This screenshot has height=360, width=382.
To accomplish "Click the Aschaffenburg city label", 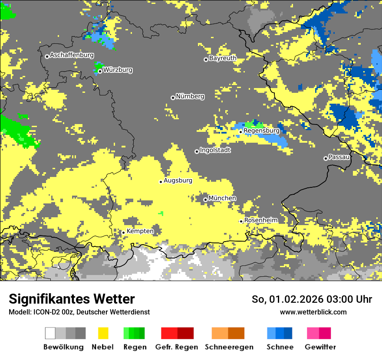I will click(x=72, y=55).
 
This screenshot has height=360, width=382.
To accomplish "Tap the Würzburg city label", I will click(x=118, y=70).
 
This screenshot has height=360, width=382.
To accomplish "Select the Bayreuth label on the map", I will click(x=223, y=58).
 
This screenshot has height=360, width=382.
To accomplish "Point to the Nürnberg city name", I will click(x=190, y=96).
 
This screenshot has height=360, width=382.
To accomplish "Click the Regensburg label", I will click(x=261, y=131).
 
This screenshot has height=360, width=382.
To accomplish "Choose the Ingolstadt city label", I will click(x=215, y=150).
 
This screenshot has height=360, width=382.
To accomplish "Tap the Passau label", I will click(x=339, y=157).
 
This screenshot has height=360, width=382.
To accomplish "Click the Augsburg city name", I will click(x=178, y=180).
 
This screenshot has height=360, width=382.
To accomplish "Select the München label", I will click(x=222, y=198).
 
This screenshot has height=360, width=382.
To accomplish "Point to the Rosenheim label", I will click(x=260, y=220).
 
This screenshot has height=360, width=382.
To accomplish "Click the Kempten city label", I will click(x=140, y=231).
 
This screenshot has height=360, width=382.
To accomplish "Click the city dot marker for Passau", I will click(x=326, y=158).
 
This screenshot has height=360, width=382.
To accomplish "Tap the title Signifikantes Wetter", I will click(x=72, y=299).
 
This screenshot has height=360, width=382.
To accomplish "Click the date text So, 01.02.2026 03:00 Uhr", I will click(x=312, y=299).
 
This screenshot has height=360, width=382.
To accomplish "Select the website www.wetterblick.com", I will click(x=313, y=312).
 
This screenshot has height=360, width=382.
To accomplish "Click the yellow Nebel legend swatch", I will click(x=103, y=333).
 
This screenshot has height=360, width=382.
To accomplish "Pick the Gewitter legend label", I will click(x=320, y=347).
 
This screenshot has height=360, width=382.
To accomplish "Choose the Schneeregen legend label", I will click(x=229, y=347).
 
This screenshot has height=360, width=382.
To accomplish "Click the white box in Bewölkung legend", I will click(x=50, y=333).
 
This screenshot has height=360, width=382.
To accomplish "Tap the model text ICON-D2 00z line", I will click(x=79, y=312).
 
